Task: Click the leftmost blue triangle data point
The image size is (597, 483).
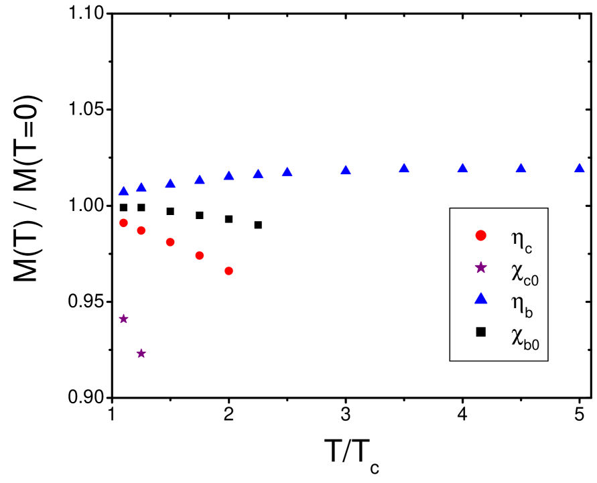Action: [x=123, y=191]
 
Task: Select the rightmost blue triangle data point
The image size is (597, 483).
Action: [x=579, y=168]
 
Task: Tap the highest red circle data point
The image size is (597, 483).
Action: [x=123, y=222]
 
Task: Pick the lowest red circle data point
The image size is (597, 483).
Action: [x=228, y=271]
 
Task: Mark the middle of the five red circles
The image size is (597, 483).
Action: [x=170, y=242]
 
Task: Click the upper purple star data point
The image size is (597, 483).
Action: [x=123, y=319]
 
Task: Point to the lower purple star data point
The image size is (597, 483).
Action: [x=141, y=353]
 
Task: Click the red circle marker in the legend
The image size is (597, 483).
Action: [x=480, y=235]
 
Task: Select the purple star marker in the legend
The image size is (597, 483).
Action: [x=480, y=267]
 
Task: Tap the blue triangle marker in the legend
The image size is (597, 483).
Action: [x=480, y=299]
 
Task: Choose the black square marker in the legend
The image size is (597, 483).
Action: [x=480, y=331]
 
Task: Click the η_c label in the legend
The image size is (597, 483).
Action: [x=521, y=239]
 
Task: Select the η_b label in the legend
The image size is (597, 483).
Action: [x=521, y=303]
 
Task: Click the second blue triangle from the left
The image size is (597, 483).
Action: [x=141, y=187]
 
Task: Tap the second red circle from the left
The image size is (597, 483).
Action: [x=141, y=230]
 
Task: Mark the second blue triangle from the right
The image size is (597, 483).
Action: [x=521, y=168]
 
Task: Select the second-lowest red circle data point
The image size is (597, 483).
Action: [x=199, y=255]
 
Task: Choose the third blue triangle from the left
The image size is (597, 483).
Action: [x=170, y=184]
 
